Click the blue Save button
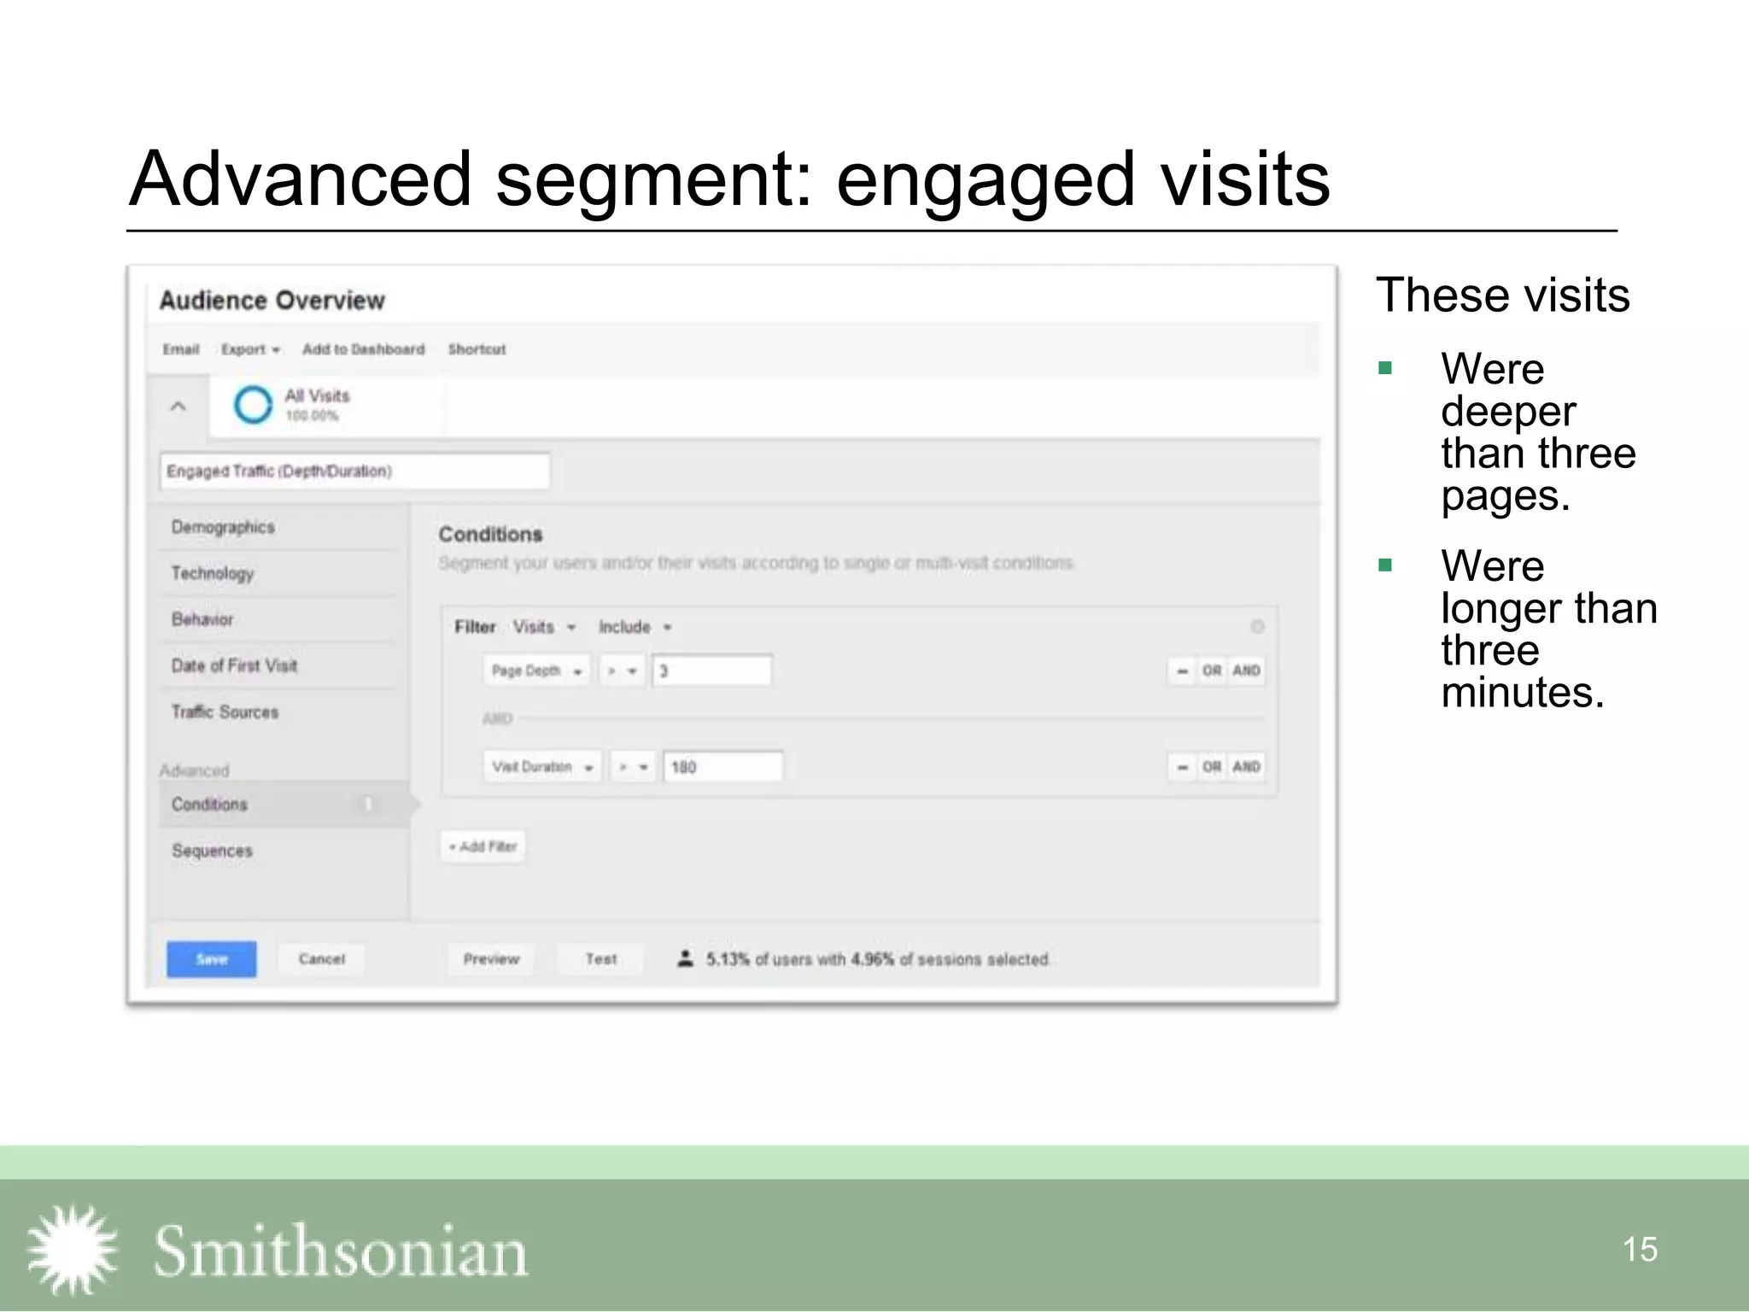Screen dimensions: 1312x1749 click(x=211, y=959)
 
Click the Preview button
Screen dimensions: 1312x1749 click(x=491, y=959)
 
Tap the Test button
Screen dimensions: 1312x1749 click(x=601, y=959)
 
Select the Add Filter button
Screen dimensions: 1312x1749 click(x=483, y=846)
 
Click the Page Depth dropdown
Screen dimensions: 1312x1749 click(x=536, y=671)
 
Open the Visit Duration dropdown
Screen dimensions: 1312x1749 click(x=542, y=767)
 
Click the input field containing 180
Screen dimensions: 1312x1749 click(x=722, y=767)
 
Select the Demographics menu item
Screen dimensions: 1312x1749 click(x=223, y=527)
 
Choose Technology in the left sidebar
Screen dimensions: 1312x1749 click(x=213, y=573)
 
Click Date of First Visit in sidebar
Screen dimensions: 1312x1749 click(x=234, y=665)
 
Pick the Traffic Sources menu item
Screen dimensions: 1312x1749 click(x=225, y=712)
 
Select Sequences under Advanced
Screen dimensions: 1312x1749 click(x=212, y=851)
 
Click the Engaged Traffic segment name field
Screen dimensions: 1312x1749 click(x=354, y=471)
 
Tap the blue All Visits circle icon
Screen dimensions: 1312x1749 click(x=253, y=405)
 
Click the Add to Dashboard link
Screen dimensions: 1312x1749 click(x=363, y=349)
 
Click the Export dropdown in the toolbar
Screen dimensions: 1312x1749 click(x=250, y=349)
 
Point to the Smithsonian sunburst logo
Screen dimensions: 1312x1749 click(x=73, y=1250)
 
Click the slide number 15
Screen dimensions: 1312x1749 click(x=1639, y=1250)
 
